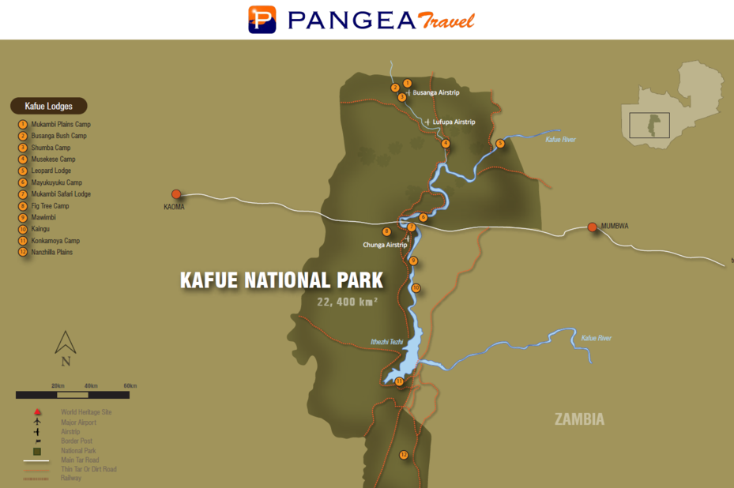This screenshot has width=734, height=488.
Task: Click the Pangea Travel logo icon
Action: [x=262, y=19]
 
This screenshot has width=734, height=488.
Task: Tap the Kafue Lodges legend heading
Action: [x=48, y=106]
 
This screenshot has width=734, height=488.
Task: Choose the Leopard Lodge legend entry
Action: [x=51, y=171]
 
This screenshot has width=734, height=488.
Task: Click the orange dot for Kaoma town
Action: [x=176, y=193]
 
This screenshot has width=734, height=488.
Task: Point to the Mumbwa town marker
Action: [x=593, y=227]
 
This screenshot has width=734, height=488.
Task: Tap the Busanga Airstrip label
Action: [x=435, y=92]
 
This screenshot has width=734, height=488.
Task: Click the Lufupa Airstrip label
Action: [x=454, y=122]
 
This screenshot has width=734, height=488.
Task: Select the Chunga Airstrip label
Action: [x=385, y=245]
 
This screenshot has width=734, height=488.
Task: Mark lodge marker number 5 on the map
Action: [x=500, y=144]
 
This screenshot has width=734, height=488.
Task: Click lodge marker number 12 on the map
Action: [x=404, y=455]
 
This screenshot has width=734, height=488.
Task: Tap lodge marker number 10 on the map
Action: [x=416, y=288]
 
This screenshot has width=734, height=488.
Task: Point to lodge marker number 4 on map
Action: [x=446, y=144]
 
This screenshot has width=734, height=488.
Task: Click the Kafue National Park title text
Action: [x=281, y=280]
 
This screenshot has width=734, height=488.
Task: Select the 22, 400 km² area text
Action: [x=347, y=302]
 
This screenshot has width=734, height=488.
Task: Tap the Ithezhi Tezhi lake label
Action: [x=387, y=341]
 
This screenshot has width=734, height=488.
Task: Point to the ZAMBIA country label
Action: [x=579, y=419]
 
